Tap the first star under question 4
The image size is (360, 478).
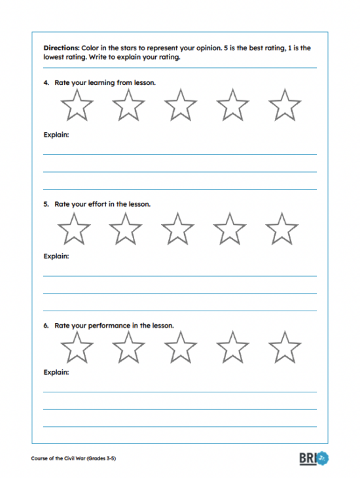[x=77, y=105]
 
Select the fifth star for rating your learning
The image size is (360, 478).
[x=284, y=105]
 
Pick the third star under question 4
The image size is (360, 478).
[x=180, y=105]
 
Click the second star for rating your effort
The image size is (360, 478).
[x=126, y=229]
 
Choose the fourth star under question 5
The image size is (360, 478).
[x=230, y=229]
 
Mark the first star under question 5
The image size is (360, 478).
[x=73, y=229]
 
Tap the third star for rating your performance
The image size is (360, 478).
[x=180, y=347]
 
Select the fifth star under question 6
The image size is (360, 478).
[x=284, y=347]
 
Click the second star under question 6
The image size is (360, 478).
[x=128, y=347]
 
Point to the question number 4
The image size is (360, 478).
[x=46, y=83]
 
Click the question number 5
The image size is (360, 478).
[x=46, y=204]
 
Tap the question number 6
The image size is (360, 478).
[x=46, y=325]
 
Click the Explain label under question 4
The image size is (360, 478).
[x=56, y=135]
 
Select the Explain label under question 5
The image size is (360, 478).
[x=56, y=256]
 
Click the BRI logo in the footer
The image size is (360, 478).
[x=314, y=458]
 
